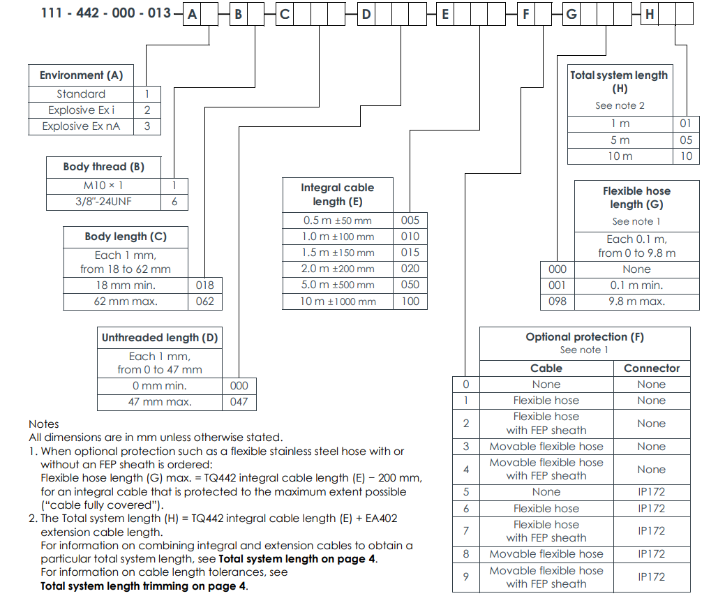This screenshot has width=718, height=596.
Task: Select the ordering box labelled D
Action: pyautogui.click(x=366, y=13)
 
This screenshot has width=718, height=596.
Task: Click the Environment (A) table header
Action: pyautogui.click(x=81, y=75)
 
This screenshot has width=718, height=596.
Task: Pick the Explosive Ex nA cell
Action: pyautogui.click(x=81, y=126)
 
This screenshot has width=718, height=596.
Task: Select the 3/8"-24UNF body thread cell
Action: pyautogui.click(x=103, y=202)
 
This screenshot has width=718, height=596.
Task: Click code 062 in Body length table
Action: pyautogui.click(x=205, y=301)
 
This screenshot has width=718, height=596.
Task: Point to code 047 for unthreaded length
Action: pyautogui.click(x=238, y=402)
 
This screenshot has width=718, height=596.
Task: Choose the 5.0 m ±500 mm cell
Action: pyautogui.click(x=338, y=285)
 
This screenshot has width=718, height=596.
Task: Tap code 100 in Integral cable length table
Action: pyautogui.click(x=410, y=301)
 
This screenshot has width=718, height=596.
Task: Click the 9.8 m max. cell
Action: pyautogui.click(x=636, y=301)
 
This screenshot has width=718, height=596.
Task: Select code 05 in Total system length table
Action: pyautogui.click(x=686, y=140)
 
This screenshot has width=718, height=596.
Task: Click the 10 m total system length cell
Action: pyautogui.click(x=620, y=156)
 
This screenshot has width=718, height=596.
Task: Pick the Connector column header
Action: pyautogui.click(x=651, y=368)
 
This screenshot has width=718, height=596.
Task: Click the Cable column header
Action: pyautogui.click(x=546, y=368)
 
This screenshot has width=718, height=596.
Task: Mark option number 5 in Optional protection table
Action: pyautogui.click(x=466, y=492)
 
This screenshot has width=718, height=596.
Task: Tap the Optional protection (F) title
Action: pyautogui.click(x=585, y=337)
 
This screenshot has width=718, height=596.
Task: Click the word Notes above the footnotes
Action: pyautogui.click(x=44, y=424)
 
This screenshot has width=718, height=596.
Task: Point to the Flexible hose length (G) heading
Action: pyautogui.click(x=636, y=198)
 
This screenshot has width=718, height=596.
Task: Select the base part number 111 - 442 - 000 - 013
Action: pyautogui.click(x=106, y=13)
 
